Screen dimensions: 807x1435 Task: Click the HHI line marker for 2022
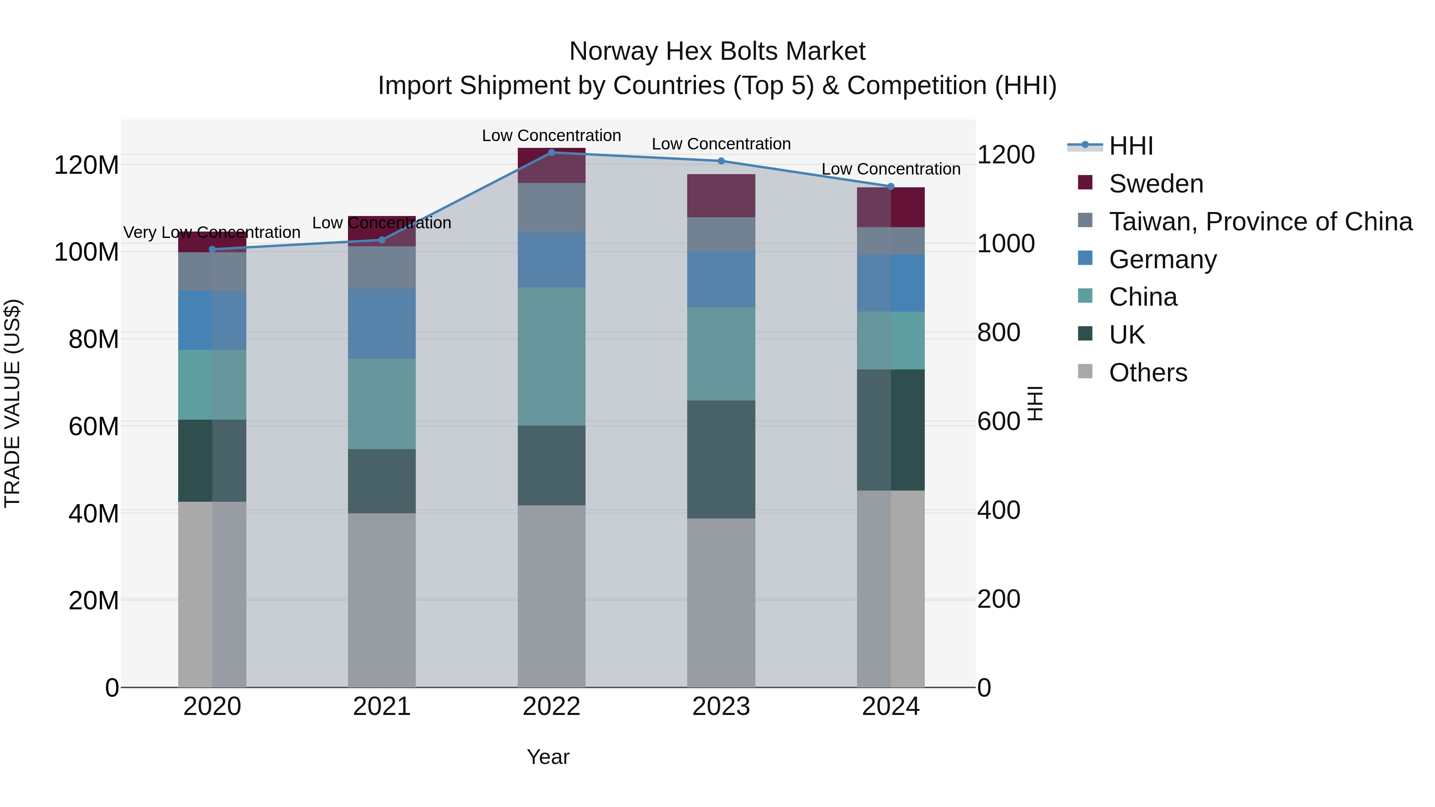(552, 152)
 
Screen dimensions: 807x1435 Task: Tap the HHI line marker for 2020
(212, 249)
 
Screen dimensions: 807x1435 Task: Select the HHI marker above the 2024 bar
(891, 187)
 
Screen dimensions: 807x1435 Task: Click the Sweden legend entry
(1156, 184)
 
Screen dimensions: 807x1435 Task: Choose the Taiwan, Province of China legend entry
(1260, 222)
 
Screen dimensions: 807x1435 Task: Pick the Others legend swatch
(1085, 371)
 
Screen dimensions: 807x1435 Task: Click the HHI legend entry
(1131, 146)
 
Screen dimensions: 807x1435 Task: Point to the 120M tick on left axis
(86, 165)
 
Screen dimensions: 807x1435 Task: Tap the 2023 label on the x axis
(721, 707)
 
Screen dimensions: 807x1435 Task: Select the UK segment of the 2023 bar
(721, 459)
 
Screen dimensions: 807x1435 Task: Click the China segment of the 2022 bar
(552, 356)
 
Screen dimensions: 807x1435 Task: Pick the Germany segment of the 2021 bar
(381, 324)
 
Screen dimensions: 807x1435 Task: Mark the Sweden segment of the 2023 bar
(721, 196)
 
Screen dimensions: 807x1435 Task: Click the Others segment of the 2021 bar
(381, 600)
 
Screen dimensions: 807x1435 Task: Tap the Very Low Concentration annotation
(212, 232)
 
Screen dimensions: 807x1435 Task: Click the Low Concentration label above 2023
(721, 144)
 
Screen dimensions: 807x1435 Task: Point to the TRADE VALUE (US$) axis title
(12, 403)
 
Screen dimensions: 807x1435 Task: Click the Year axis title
(548, 757)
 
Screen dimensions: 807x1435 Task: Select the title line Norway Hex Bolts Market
(717, 51)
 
